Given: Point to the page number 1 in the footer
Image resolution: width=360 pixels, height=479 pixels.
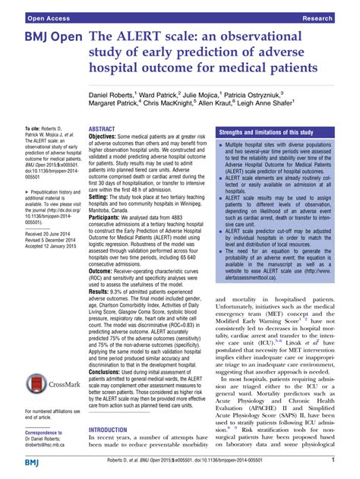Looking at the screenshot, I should [333, 461].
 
